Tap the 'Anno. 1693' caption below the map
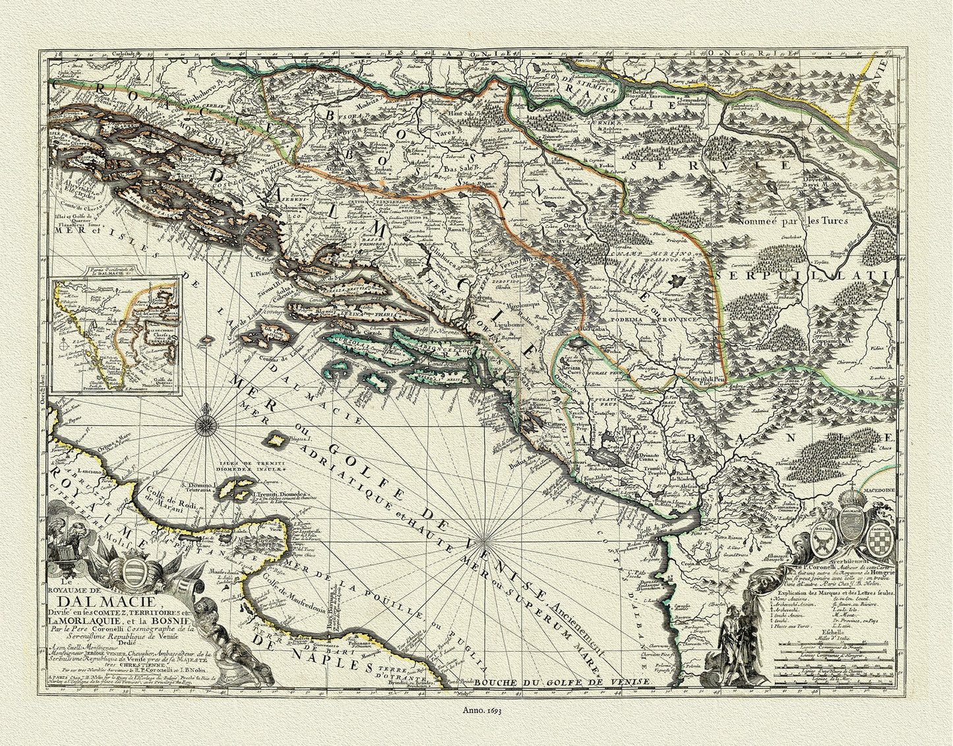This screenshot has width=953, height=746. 476,711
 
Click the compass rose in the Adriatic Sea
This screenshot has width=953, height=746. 206,417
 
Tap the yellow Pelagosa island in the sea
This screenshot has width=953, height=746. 274,440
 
